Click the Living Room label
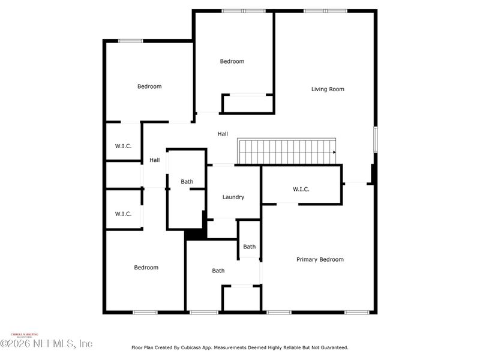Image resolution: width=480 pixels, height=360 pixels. coord(328,89)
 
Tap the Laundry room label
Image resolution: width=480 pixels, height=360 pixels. coord(233,197)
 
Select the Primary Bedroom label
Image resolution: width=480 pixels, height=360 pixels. coord(320,260)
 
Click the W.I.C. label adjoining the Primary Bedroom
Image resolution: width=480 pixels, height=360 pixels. coord(301,190)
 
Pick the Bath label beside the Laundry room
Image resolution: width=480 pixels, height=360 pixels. coord(187,182)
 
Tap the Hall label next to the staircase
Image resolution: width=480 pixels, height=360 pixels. coord(223,134)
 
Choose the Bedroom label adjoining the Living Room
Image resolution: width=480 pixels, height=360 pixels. coord(232,61)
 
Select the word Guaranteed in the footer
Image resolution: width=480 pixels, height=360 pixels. coord(332,347)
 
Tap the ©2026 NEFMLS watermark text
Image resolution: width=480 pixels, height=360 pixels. coord(46,344)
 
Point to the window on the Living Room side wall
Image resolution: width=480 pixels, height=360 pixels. coord(376,139)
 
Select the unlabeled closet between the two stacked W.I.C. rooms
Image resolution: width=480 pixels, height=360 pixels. coord(124,175)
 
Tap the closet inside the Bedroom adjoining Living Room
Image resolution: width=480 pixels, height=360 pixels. coord(247,104)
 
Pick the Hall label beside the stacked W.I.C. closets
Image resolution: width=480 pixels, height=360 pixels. coord(154,160)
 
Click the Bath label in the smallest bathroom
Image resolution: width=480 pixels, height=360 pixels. coord(249,247)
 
